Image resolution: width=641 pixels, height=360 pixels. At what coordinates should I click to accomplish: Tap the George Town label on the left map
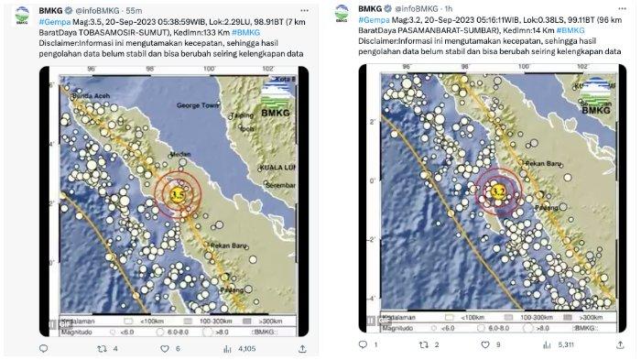195,107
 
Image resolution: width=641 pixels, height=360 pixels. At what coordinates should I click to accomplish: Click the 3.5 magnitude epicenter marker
179,194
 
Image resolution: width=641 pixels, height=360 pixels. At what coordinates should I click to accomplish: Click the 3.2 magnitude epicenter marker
499,190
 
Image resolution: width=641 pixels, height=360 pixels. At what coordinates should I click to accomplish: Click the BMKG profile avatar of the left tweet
20,14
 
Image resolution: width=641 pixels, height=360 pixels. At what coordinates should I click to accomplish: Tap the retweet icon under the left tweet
103,349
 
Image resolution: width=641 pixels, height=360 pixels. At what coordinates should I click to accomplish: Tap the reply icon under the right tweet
363,345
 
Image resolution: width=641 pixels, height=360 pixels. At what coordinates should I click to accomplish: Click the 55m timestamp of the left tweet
134,9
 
